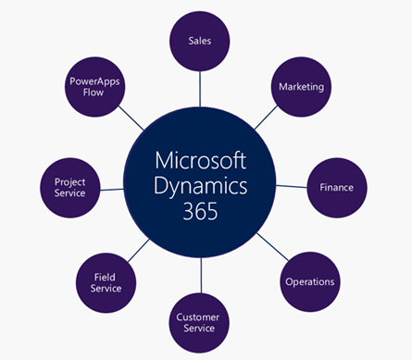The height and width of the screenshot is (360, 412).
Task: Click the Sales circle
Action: [x=200, y=41]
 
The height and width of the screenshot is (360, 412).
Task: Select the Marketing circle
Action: [x=301, y=86]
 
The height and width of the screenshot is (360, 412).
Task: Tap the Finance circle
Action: [x=337, y=187]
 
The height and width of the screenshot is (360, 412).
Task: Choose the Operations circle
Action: [x=309, y=281]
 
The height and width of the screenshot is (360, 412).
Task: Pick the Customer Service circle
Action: [x=198, y=322]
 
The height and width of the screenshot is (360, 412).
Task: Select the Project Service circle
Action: [x=69, y=187]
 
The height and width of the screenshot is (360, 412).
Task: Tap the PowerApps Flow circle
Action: [x=94, y=86]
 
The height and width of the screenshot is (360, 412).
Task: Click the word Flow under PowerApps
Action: [x=94, y=93]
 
